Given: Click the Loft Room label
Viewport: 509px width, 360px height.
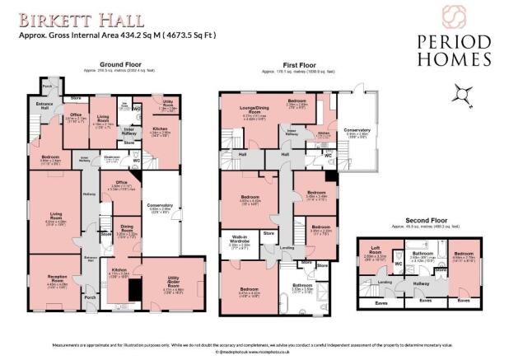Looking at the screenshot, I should coord(376,250).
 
